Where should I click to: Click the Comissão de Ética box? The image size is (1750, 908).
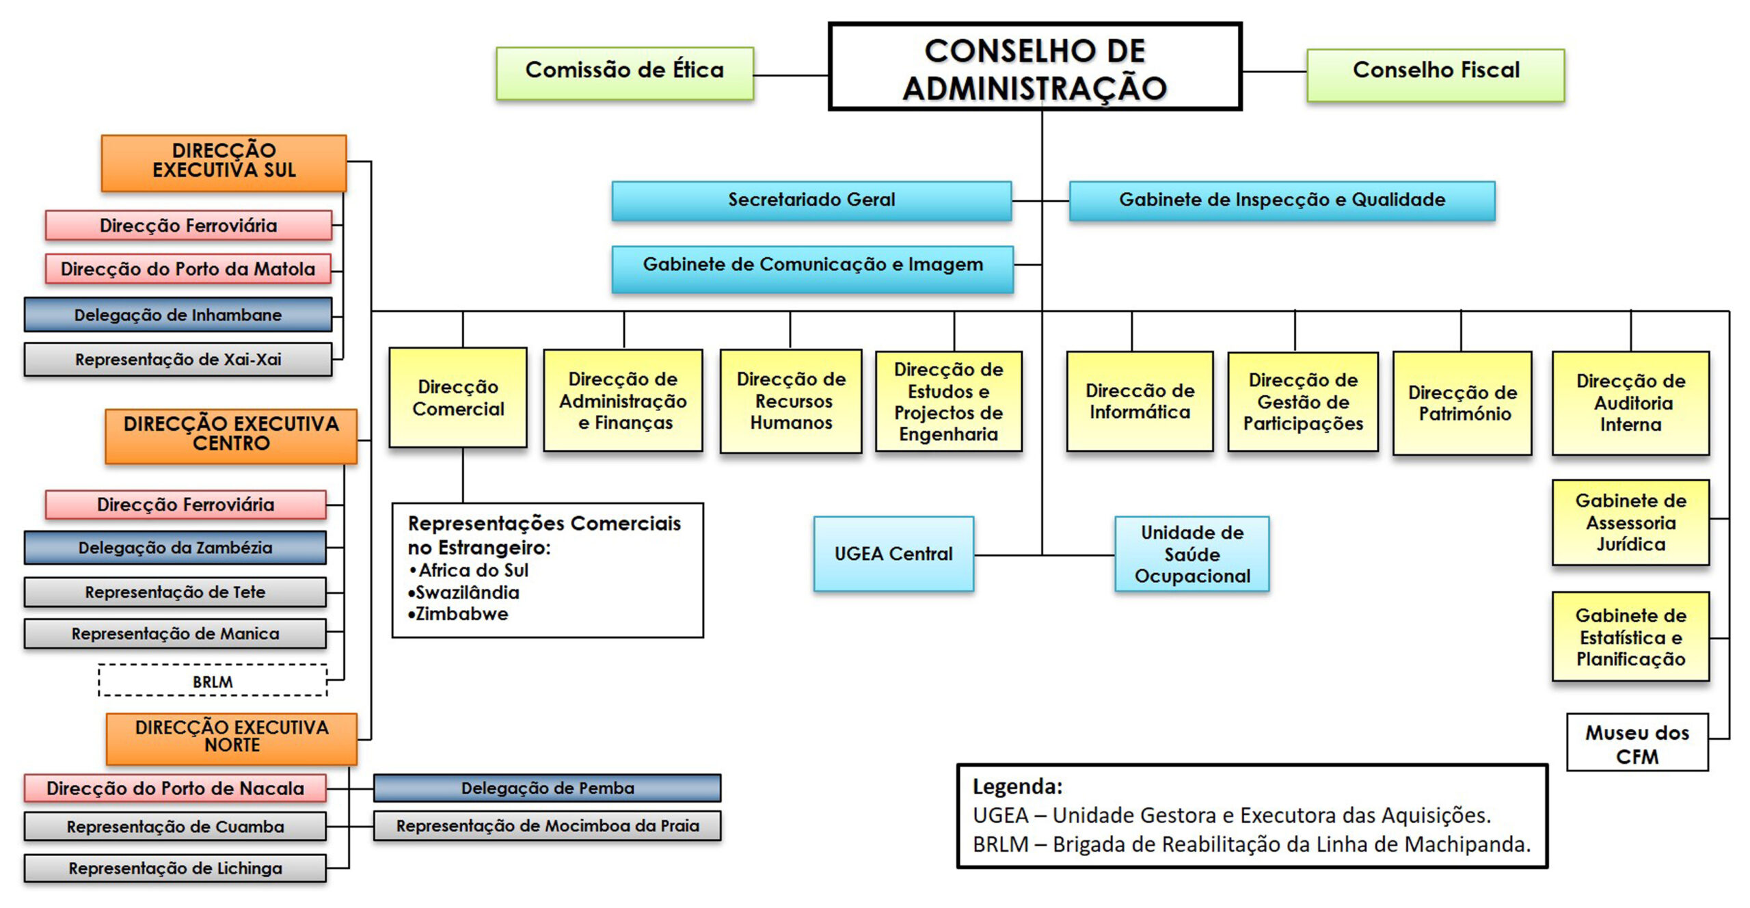click(x=625, y=72)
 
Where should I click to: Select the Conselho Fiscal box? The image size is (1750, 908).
click(x=1436, y=74)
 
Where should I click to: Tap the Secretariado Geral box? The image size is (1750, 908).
click(x=811, y=200)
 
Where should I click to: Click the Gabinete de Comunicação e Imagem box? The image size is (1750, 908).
click(x=812, y=268)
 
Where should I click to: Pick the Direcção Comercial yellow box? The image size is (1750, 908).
click(x=458, y=397)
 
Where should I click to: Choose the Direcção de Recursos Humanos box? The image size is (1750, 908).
click(x=791, y=401)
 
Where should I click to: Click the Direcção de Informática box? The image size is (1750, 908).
click(x=1140, y=401)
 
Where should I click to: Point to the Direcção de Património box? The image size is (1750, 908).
click(x=1462, y=403)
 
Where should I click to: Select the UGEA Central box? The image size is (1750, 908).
click(x=893, y=554)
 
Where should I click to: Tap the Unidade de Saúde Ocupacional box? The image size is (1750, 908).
click(x=1192, y=554)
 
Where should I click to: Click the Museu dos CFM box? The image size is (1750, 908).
click(x=1637, y=743)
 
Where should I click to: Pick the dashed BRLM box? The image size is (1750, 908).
click(x=213, y=681)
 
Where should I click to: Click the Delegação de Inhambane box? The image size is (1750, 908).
click(x=178, y=315)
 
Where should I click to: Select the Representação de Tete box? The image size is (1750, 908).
click(x=175, y=592)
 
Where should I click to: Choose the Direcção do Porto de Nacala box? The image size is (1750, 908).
click(x=175, y=788)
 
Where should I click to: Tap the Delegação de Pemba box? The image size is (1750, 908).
click(x=547, y=788)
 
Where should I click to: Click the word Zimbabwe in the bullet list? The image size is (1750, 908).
click(x=461, y=614)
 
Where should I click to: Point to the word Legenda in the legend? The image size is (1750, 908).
click(x=1017, y=787)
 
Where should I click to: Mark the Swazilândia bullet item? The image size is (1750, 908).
click(x=467, y=593)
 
